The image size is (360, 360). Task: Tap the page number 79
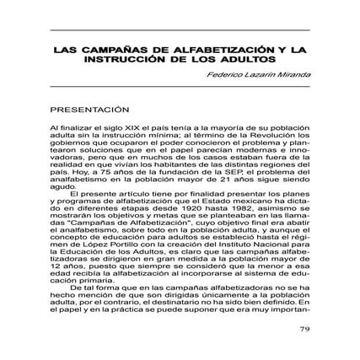306,328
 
